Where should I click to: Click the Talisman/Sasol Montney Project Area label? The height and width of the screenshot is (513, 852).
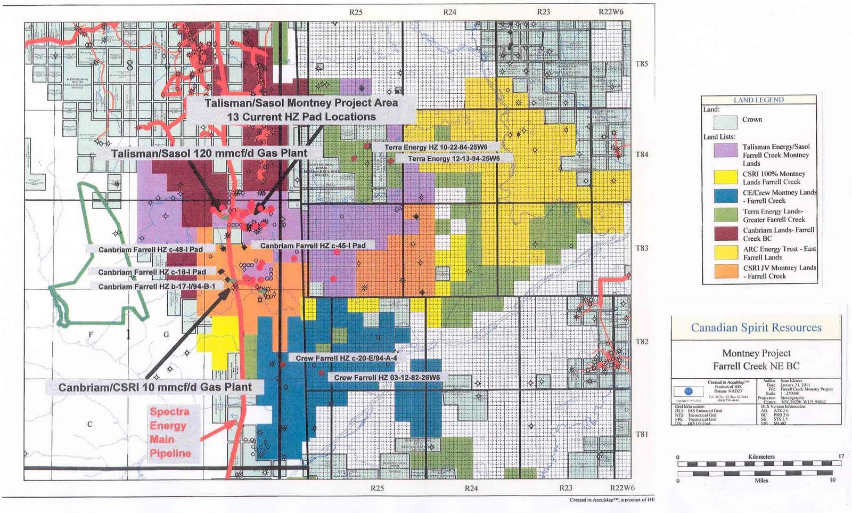[x=301, y=103]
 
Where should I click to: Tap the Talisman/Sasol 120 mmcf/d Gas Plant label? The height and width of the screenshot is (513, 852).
[x=209, y=153]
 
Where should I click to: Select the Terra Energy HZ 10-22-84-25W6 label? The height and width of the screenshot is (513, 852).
[x=436, y=147]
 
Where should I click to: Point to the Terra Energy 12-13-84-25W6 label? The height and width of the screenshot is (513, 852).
[x=454, y=159]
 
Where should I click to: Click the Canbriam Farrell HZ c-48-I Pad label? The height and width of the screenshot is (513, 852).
[x=150, y=249]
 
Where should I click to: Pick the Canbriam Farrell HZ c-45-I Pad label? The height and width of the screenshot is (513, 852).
[x=313, y=246]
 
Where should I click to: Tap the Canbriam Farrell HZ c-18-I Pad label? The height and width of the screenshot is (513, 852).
[x=152, y=272]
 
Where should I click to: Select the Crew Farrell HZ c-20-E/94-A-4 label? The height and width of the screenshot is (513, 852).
[x=346, y=359]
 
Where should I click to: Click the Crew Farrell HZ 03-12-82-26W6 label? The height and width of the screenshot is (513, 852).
[x=387, y=378]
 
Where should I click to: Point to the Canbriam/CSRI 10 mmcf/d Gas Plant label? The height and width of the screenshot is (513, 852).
[x=154, y=387]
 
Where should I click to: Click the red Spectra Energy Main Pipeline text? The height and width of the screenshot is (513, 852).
[x=170, y=433]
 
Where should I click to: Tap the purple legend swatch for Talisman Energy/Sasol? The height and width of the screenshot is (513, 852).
[x=725, y=150]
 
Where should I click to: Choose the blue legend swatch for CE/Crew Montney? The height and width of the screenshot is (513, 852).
[x=725, y=196]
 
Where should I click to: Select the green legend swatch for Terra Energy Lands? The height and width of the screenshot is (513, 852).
[x=725, y=215]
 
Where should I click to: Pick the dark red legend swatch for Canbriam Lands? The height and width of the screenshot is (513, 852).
[x=725, y=233]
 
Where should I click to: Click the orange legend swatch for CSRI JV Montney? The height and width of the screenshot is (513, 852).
[x=725, y=271]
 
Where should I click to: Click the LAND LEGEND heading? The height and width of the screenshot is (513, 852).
[x=758, y=100]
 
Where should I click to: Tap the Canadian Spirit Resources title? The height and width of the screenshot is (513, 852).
[x=756, y=328]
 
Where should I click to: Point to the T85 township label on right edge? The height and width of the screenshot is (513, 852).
[x=642, y=64]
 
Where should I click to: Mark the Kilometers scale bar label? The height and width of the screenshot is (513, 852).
[x=761, y=457]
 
